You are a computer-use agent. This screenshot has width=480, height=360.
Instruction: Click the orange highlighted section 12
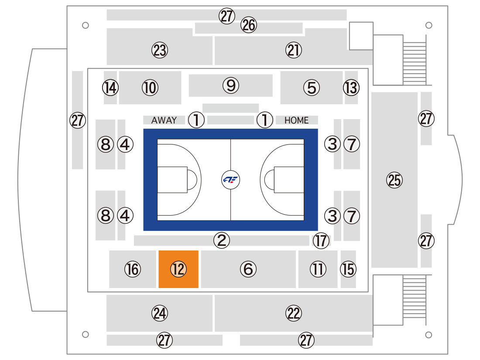coord(178,269)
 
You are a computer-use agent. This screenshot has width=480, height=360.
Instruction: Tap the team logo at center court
coord(230,180)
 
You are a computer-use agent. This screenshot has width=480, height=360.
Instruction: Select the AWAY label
coord(164,120)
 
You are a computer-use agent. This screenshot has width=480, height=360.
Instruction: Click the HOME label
coord(296,120)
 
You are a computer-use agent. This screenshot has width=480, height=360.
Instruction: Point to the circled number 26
coord(249,25)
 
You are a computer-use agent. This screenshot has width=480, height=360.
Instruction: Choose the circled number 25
coord(394,180)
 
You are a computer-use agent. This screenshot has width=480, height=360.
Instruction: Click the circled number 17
coord(321,240)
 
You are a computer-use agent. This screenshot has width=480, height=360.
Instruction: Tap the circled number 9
coord(231,86)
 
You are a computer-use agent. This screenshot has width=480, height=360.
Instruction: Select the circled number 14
coord(110,88)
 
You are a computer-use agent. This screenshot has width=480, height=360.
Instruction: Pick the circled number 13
coord(351,88)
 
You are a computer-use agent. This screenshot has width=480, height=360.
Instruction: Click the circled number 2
coord(222,240)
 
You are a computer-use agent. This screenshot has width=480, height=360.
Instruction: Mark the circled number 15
coord(348,269)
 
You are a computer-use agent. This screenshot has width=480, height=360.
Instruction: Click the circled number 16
coord(133,269)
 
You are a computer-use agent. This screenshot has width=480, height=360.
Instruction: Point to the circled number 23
coord(160,50)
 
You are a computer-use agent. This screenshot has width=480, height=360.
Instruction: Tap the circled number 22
coord(294,313)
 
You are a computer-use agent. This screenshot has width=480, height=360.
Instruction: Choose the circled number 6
coord(248,269)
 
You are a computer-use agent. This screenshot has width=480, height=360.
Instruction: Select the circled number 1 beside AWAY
coord(196,120)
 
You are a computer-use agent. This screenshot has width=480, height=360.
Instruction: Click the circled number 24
coord(160,313)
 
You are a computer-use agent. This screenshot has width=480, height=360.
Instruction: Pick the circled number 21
coord(294,50)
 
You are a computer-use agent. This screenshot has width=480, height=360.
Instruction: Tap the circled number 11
coord(318,269)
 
